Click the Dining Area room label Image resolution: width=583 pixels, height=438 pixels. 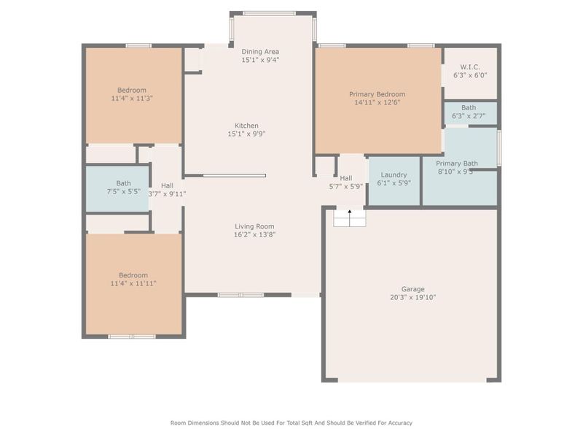point(260,52)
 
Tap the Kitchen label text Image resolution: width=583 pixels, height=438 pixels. point(246,126)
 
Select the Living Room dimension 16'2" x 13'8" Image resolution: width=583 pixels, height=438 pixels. point(254,234)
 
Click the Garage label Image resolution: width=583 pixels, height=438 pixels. point(412,289)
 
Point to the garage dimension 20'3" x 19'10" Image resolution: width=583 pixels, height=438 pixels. point(412,297)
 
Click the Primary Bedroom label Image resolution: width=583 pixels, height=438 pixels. point(377,94)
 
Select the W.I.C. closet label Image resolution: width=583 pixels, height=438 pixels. point(470,66)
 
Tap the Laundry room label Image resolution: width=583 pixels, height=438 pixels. point(394,175)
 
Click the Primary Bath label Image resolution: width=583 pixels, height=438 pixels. point(457,164)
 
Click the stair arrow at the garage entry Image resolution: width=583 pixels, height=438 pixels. point(350,215)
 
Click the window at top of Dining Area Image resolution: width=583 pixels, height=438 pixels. point(269,13)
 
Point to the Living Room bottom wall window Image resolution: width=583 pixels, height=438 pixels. point(240,295)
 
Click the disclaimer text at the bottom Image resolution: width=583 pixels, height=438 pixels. point(291,423)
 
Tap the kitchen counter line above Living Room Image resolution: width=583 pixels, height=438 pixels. point(234,175)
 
